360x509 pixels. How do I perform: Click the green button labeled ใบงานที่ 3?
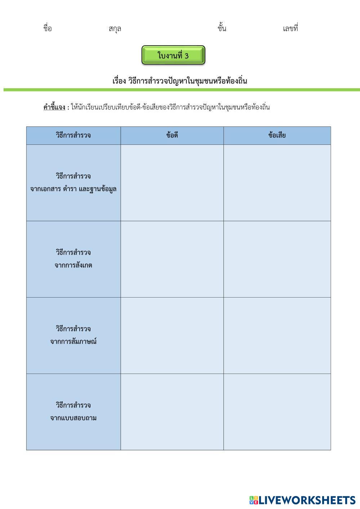click(x=173, y=55)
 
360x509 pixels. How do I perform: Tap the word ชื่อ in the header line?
click(x=48, y=28)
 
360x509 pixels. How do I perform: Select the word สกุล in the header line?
click(x=115, y=29)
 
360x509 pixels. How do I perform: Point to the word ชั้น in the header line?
click(x=222, y=28)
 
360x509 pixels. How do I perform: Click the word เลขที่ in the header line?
click(x=290, y=28)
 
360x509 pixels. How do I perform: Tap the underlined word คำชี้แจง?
click(x=54, y=107)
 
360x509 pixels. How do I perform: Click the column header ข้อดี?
click(x=172, y=135)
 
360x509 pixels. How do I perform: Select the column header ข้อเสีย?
click(x=277, y=135)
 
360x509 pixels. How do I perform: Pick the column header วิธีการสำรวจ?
click(x=73, y=135)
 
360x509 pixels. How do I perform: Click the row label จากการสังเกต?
click(x=73, y=265)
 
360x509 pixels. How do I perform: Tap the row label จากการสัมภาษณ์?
click(x=73, y=341)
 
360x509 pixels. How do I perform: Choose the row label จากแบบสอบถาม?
click(x=73, y=418)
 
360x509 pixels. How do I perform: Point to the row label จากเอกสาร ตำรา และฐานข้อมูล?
click(x=73, y=189)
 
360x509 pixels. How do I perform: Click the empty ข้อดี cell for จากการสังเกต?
click(x=172, y=259)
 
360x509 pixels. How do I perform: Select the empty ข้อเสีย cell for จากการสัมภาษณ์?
click(x=277, y=335)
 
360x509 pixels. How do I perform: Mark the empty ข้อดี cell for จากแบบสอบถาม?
click(x=172, y=412)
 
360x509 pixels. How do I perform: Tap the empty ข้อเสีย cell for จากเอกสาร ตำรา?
click(x=277, y=183)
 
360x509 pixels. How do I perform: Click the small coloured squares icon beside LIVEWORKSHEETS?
click(x=253, y=500)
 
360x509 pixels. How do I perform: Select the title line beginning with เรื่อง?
click(x=179, y=81)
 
